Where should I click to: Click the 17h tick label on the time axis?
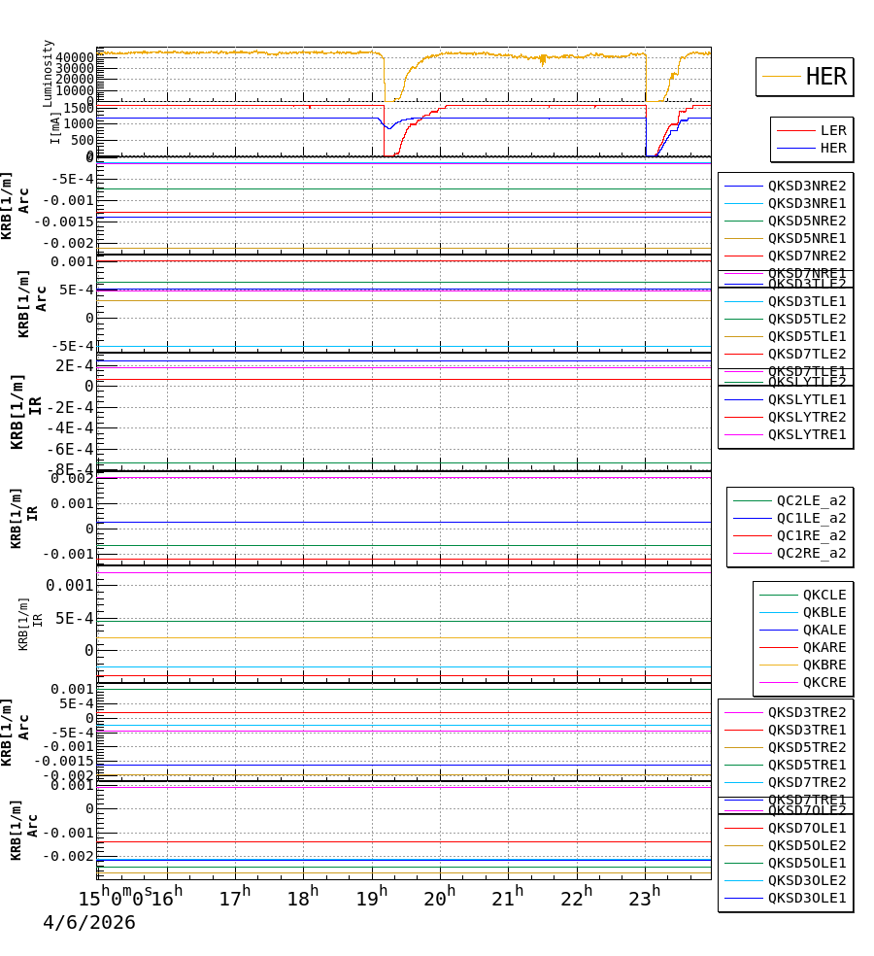pyautogui.click(x=234, y=899)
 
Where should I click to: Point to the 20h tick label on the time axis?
pyautogui.click(x=440, y=899)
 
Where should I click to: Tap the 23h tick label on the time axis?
pyautogui.click(x=643, y=899)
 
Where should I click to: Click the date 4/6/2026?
pyautogui.click(x=88, y=923)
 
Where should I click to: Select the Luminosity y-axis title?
pyautogui.click(x=48, y=72)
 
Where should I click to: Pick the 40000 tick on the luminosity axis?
pyautogui.click(x=75, y=57)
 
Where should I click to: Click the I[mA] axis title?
pyautogui.click(x=55, y=126)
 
